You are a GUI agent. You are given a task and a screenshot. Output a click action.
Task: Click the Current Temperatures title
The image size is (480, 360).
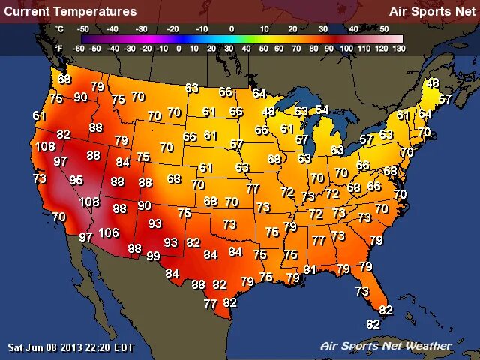point(70,11)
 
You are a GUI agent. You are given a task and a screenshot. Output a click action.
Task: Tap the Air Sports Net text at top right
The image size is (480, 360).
point(431,11)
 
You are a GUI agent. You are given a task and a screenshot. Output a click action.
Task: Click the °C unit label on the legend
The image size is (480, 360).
point(59,28)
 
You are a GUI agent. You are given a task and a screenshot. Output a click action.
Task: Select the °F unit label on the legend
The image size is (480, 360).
point(59,48)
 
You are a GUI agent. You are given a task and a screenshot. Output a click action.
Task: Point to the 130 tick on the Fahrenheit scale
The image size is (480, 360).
point(398,48)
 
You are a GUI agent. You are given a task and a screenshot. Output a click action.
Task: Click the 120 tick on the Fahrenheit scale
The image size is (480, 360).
point(381,48)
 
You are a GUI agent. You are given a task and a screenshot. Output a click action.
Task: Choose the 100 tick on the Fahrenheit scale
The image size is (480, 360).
point(347,48)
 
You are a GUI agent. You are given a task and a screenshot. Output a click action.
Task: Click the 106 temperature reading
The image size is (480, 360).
point(109,233)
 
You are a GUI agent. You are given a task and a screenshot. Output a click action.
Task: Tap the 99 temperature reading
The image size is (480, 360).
point(153,256)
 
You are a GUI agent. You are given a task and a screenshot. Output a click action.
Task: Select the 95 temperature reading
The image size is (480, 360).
point(76,180)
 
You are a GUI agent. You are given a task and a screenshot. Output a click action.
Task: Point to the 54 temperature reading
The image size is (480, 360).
point(322,110)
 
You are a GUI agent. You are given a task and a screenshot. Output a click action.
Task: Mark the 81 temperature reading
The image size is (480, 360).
point(310,269)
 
